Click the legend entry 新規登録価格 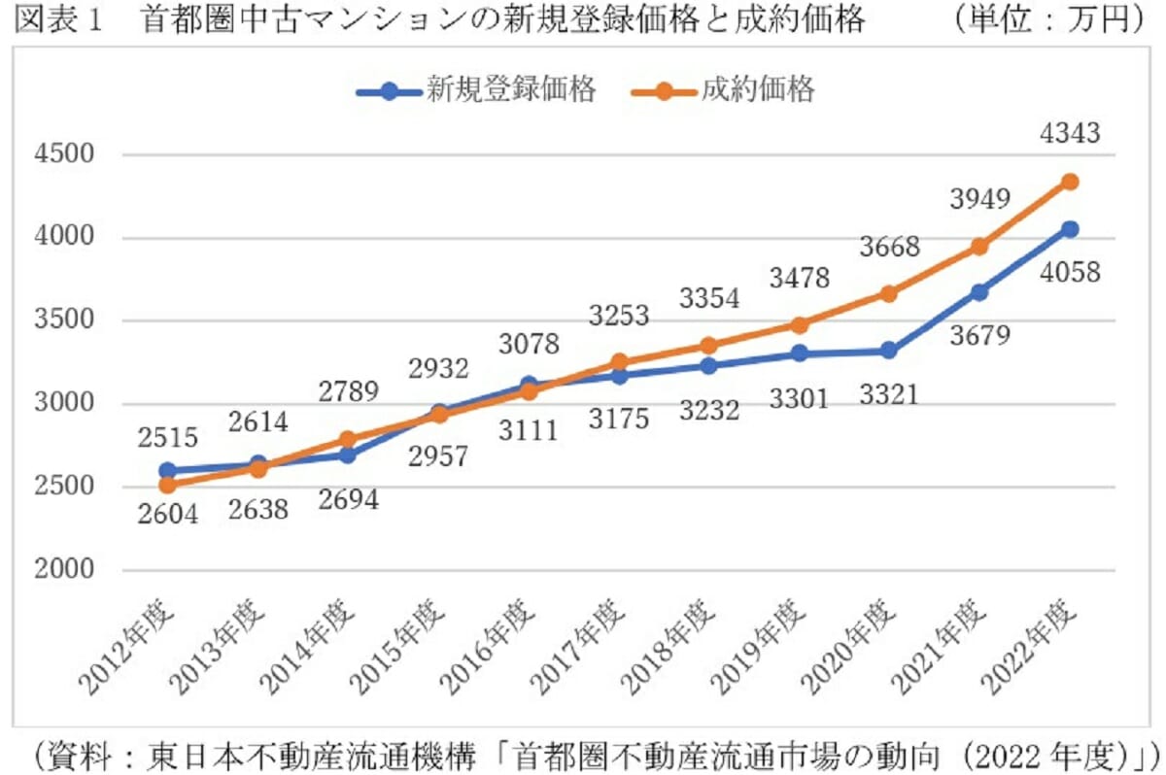point(476,91)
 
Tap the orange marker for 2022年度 point(1070,182)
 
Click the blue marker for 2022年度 point(1070,229)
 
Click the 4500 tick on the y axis point(67,155)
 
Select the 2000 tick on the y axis point(67,571)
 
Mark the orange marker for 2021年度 point(979,247)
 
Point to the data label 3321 point(888,395)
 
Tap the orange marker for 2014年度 point(347,439)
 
